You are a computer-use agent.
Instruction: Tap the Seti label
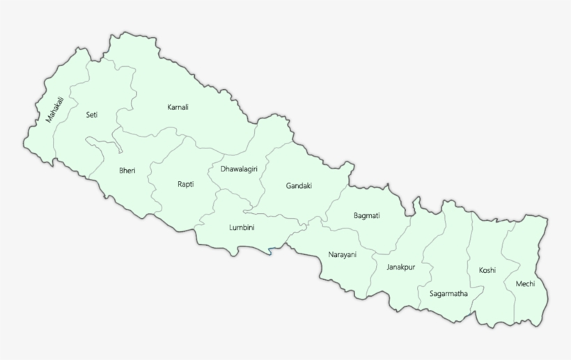pyautogui.click(x=91, y=114)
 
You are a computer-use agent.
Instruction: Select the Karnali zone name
pyautogui.click(x=178, y=107)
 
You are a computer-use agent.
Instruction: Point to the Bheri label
pyautogui.click(x=127, y=170)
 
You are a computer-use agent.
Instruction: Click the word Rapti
pyautogui.click(x=185, y=184)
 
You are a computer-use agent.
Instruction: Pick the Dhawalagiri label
pyautogui.click(x=239, y=169)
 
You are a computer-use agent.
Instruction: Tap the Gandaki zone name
pyautogui.click(x=299, y=185)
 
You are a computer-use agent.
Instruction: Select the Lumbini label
pyautogui.click(x=242, y=228)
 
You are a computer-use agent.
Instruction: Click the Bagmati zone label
pyautogui.click(x=366, y=216)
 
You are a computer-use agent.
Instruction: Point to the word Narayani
pyautogui.click(x=342, y=255)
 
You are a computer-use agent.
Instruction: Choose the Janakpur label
pyautogui.click(x=400, y=267)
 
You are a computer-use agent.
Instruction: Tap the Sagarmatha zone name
pyautogui.click(x=448, y=293)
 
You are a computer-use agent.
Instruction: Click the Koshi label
pyautogui.click(x=487, y=270)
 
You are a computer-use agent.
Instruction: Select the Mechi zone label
pyautogui.click(x=525, y=283)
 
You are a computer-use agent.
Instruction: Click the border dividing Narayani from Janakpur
pyautogui.click(x=373, y=275)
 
